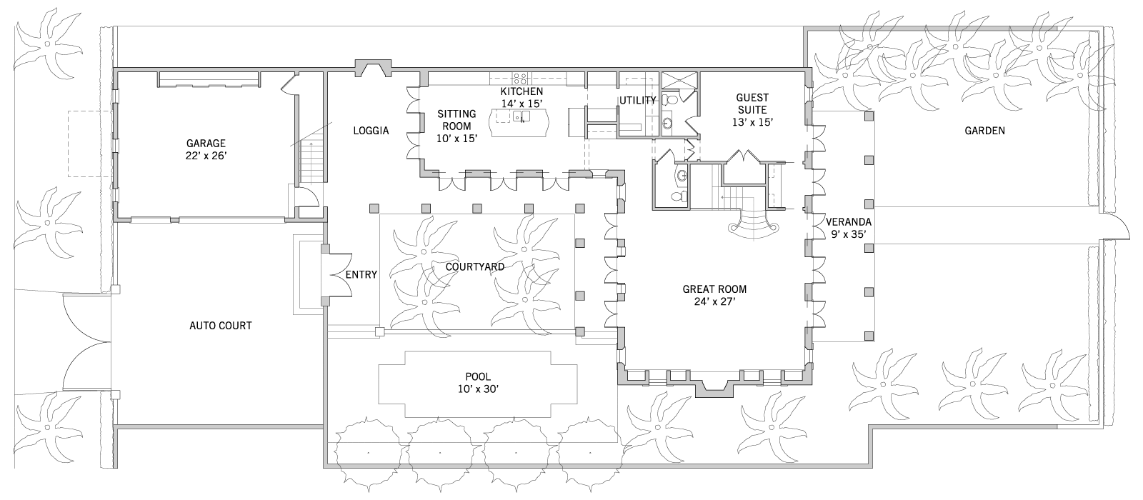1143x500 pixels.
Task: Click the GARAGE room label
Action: pos(206,144)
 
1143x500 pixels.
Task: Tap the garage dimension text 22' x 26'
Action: pos(206,156)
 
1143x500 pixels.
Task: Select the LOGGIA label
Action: pos(371,131)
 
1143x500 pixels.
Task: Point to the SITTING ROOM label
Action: pos(456,120)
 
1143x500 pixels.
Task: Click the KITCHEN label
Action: pos(521,91)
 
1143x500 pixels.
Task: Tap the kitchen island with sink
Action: pos(519,122)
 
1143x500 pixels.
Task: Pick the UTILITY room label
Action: pos(637,101)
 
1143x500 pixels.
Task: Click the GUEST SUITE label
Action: pos(752,104)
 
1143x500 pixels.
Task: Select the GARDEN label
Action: pos(985,131)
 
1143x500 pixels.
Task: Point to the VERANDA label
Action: pos(849,222)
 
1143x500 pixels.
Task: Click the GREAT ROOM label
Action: pos(714,289)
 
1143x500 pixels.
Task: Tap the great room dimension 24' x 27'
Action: pos(714,301)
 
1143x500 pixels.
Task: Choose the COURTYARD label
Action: pos(475,267)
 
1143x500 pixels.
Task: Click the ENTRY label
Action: pos(361,275)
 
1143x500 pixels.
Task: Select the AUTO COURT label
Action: pos(221,326)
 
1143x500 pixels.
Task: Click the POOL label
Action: pos(478,377)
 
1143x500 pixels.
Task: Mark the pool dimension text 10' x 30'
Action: pos(478,389)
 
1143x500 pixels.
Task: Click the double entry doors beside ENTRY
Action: pos(340,275)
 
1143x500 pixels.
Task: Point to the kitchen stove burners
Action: pos(521,79)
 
